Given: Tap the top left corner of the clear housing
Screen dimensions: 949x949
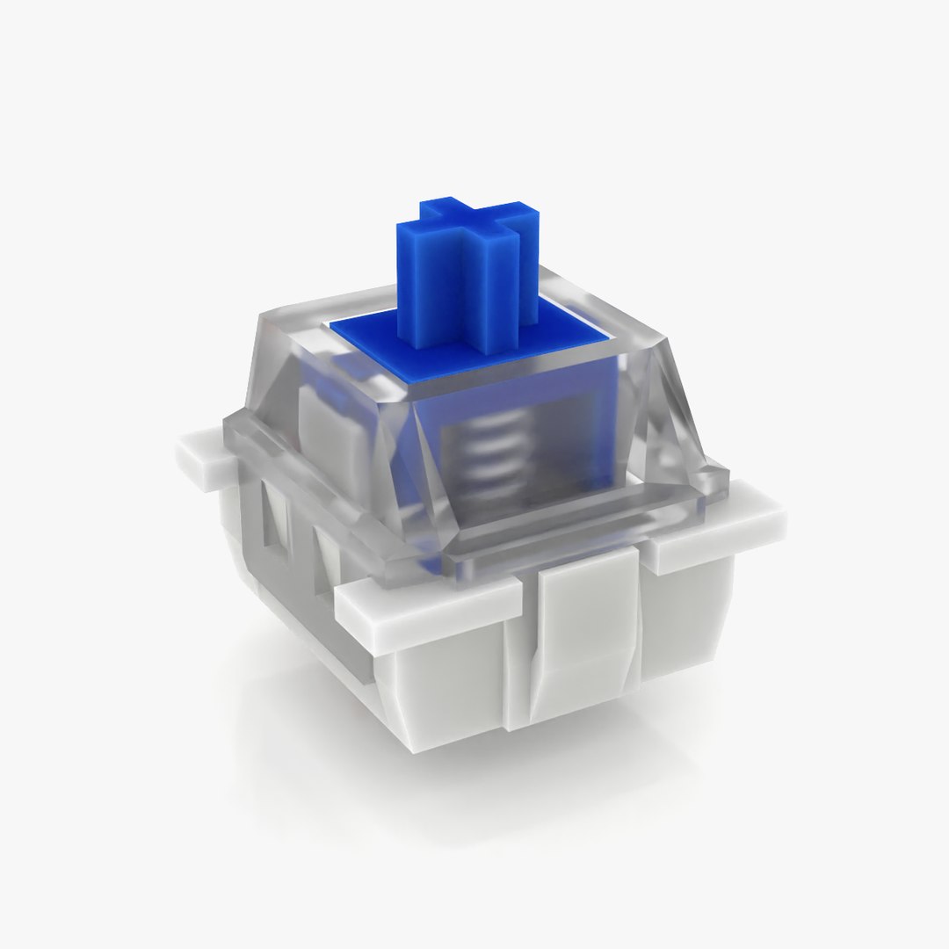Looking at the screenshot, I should pos(272,312).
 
